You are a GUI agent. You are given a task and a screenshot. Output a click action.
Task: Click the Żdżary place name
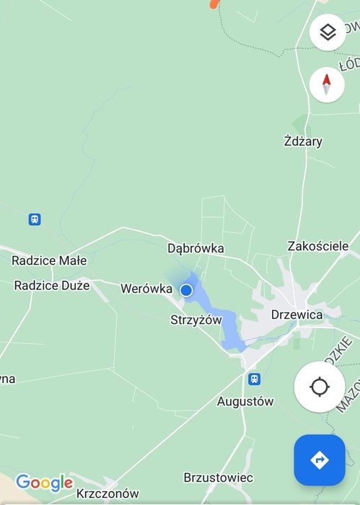303,141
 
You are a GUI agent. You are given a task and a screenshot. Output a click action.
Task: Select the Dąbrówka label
196,248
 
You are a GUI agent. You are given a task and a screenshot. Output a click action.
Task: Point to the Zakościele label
318,246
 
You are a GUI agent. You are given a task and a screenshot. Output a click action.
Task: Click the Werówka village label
146,289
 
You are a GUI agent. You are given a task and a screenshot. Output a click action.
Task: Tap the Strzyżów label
196,320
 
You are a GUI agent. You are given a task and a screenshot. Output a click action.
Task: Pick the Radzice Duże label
52,285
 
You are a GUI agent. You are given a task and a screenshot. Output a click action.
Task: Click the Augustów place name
245,401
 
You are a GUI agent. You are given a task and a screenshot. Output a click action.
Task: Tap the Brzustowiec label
218,478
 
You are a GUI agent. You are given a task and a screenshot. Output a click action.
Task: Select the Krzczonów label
107,494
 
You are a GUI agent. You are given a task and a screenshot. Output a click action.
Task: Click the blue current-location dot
186,290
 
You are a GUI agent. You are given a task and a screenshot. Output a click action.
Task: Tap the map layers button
327,32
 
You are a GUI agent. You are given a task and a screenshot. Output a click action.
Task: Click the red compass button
327,84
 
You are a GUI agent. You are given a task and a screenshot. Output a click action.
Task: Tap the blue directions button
320,460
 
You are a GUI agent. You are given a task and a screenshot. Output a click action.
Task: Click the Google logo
44,482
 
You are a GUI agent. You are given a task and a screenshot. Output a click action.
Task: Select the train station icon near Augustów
254,379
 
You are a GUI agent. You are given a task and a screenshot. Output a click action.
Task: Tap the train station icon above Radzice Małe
34,219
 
